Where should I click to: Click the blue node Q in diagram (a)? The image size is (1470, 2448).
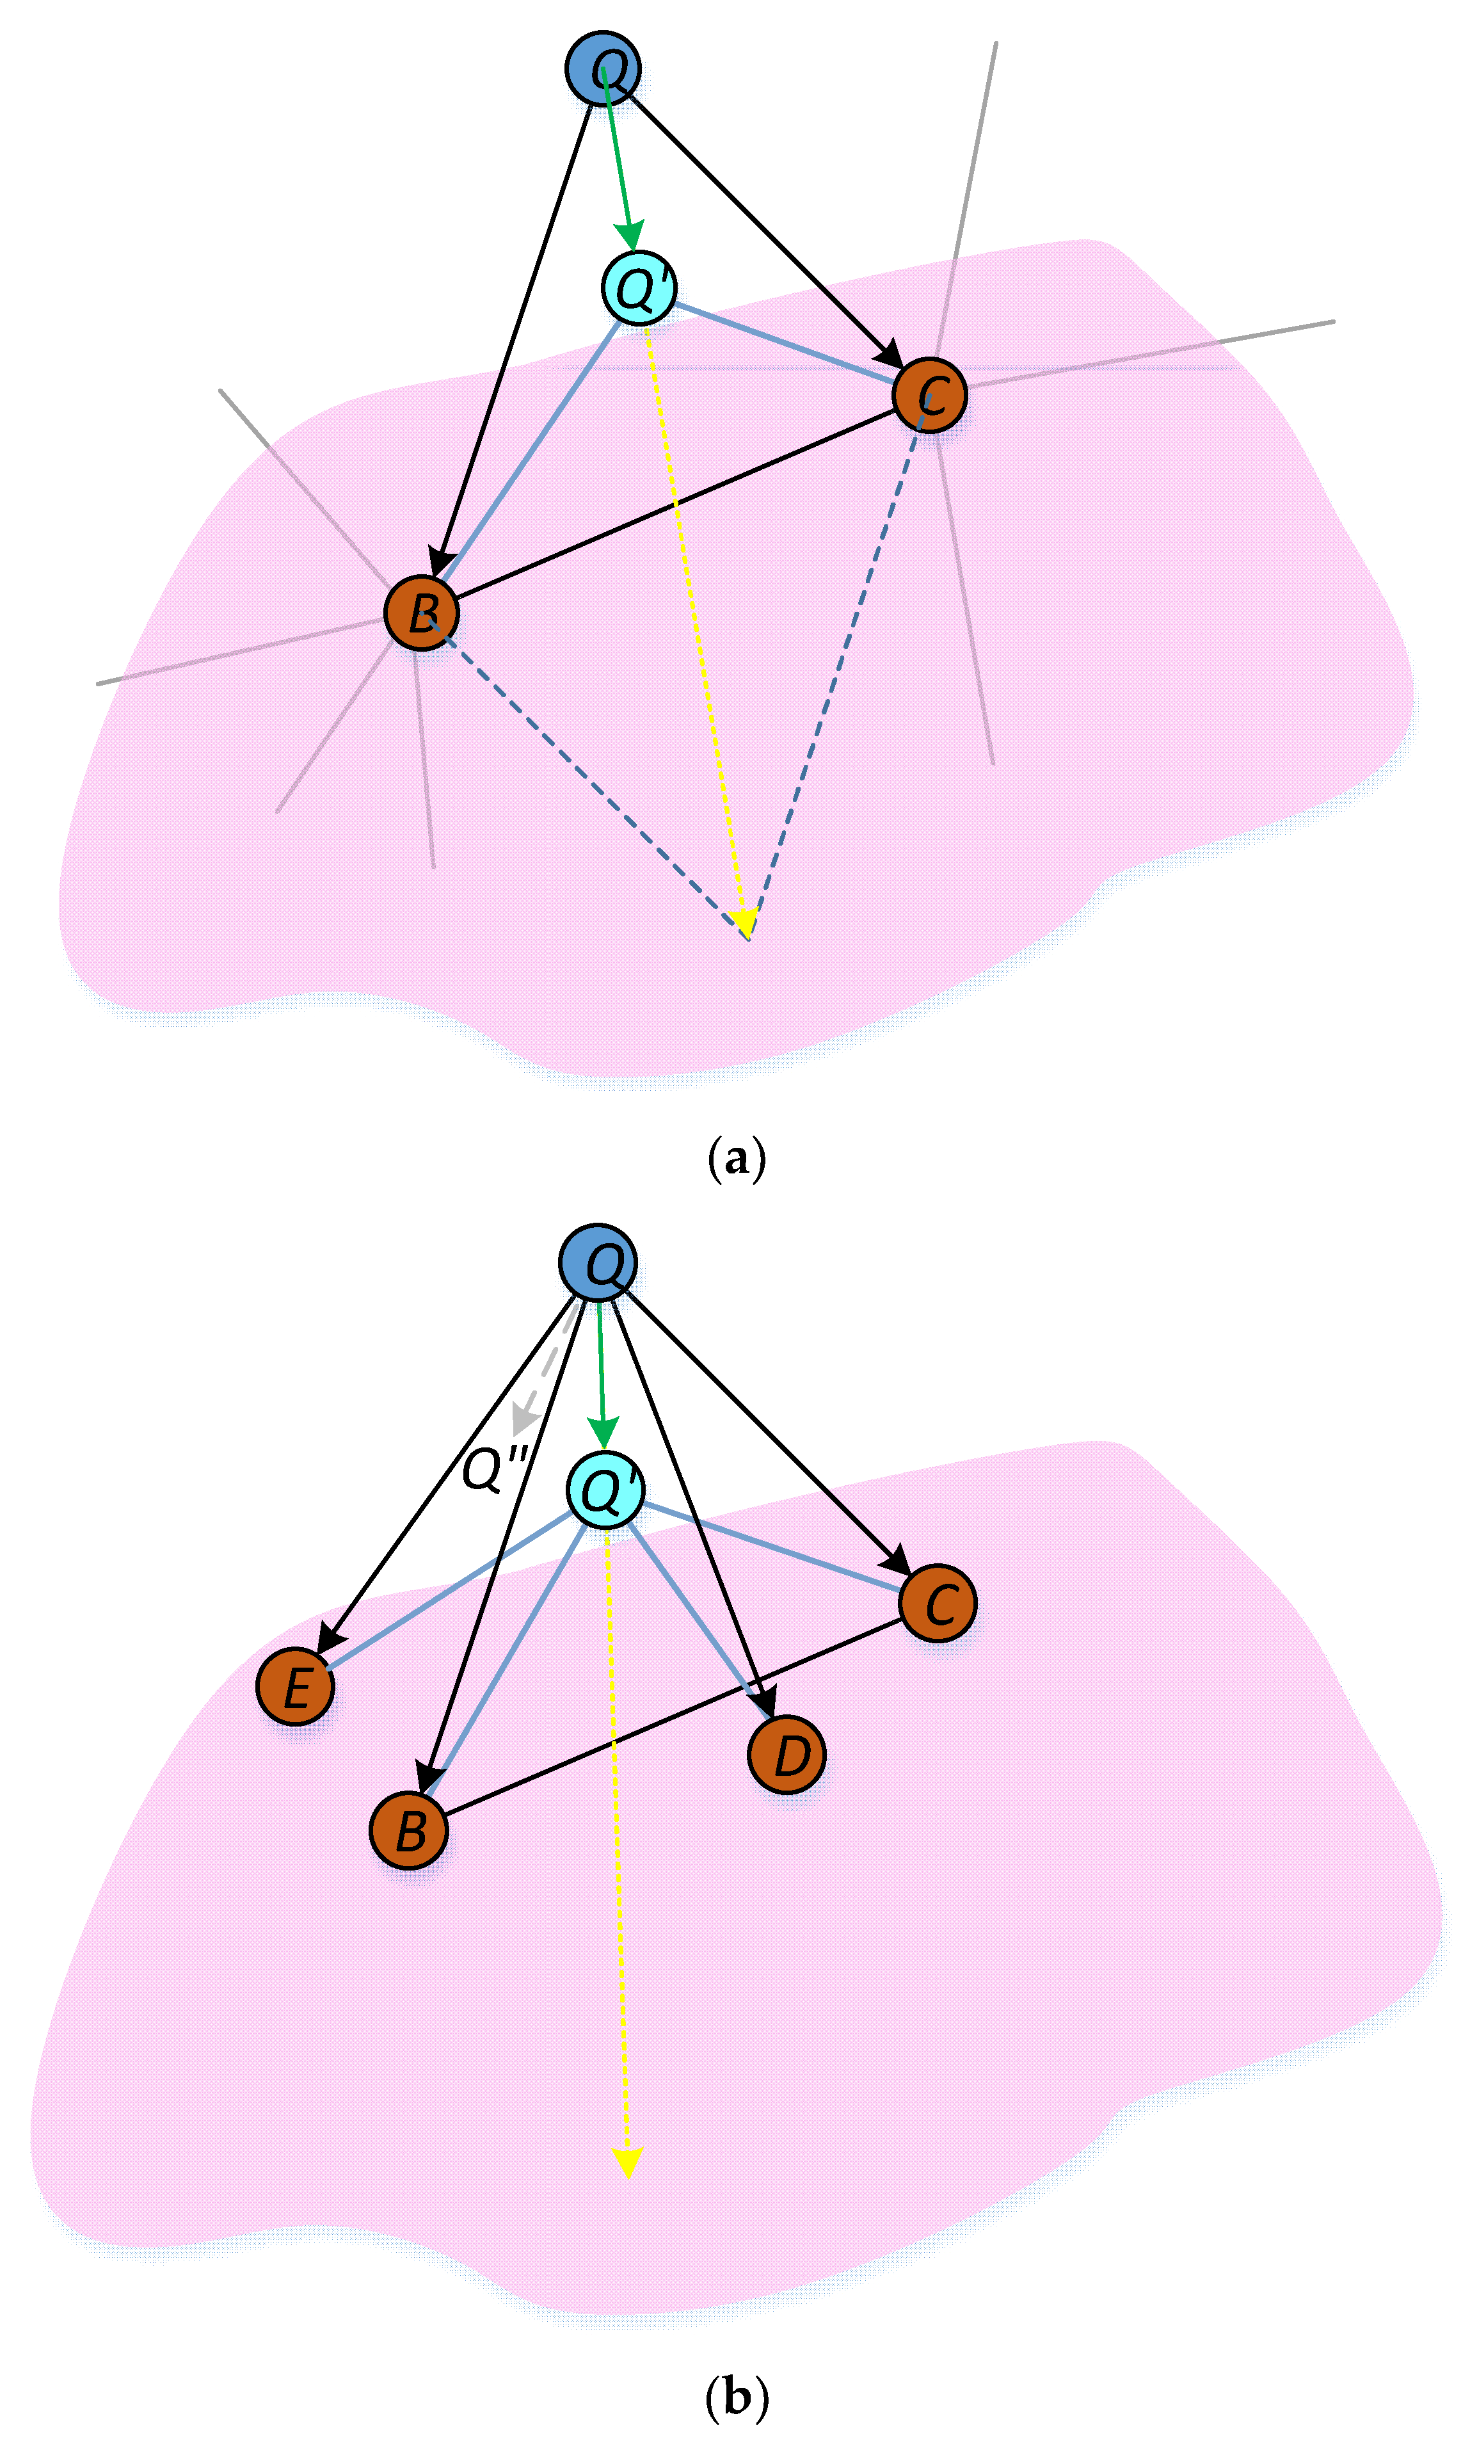pyautogui.click(x=602, y=68)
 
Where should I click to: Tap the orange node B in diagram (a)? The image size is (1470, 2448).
pyautogui.click(x=421, y=612)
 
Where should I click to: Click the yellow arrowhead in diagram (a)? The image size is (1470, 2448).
pyautogui.click(x=744, y=921)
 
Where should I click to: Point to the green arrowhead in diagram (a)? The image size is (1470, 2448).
pyautogui.click(x=629, y=236)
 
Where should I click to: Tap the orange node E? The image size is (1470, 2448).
pyautogui.click(x=295, y=1686)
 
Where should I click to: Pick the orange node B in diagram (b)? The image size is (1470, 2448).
pyautogui.click(x=408, y=1830)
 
